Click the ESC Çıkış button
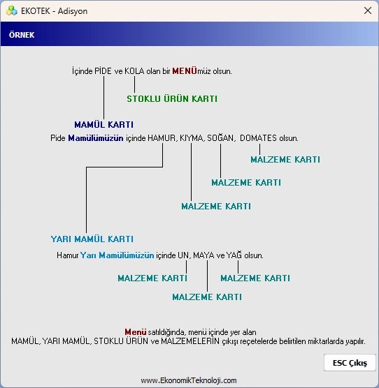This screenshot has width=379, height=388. tap(350, 363)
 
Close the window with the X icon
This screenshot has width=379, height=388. tap(368, 10)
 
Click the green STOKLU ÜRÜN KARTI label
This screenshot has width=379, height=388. tap(172, 98)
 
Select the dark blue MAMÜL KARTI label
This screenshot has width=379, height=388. tap(104, 124)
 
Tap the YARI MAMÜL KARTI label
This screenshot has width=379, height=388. tap(92, 239)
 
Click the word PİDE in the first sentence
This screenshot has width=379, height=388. tap(103, 71)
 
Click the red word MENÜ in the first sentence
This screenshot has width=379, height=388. tap(185, 71)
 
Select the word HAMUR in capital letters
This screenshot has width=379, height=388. tap(162, 138)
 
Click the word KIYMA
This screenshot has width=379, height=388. tap(192, 138)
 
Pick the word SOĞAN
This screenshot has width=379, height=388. tap(220, 138)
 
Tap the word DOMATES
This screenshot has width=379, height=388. tap(258, 138)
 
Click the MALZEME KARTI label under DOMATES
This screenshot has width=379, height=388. tap(285, 159)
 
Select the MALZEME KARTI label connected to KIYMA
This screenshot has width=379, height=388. tap(216, 206)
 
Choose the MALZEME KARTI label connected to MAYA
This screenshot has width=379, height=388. tap(207, 297)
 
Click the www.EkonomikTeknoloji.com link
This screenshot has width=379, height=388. tap(189, 380)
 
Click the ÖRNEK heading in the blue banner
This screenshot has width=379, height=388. tap(22, 35)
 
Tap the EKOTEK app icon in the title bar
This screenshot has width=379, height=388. tap(12, 10)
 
